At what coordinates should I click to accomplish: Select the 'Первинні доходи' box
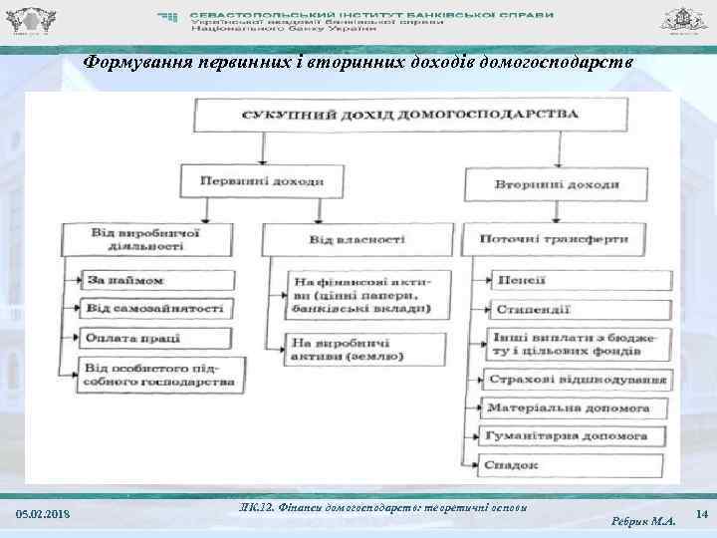pos(262,182)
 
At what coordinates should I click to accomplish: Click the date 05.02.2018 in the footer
pos(43,513)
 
